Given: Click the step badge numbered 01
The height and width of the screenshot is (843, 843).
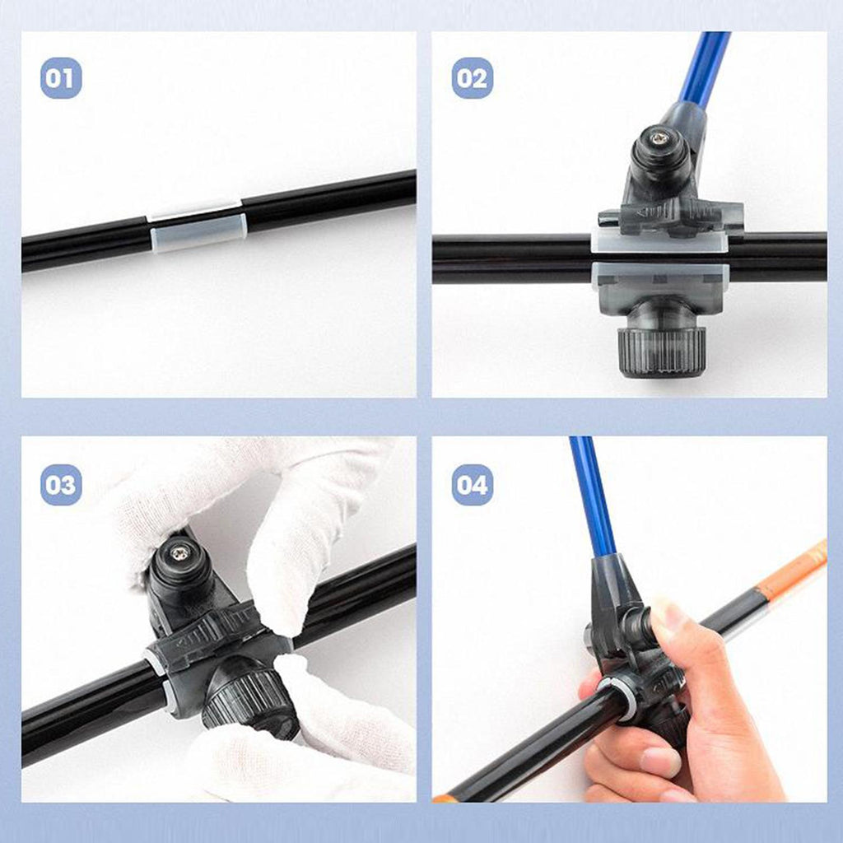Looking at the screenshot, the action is pos(61,78).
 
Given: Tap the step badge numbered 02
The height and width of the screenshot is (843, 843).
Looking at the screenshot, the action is pos(472,78).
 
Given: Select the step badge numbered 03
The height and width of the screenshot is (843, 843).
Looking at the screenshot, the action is pos(61,485).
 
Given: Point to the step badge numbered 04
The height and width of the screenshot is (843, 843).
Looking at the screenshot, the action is pos(472,485).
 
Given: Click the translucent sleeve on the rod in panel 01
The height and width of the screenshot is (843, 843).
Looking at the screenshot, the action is pos(198,226).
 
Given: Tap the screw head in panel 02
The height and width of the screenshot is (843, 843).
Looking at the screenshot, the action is pos(659,139).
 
